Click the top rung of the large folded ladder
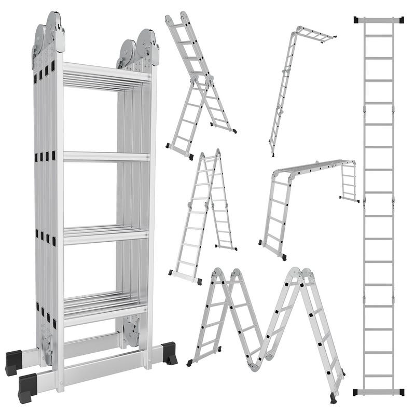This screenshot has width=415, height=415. point(106,73)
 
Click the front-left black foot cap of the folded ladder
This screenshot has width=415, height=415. point(27,387)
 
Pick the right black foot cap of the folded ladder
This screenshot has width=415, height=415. point(168,353)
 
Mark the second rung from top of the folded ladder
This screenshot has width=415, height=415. point(106,156)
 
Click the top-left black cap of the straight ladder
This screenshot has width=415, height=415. point(357,20)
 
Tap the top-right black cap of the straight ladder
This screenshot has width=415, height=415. point(402,20)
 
